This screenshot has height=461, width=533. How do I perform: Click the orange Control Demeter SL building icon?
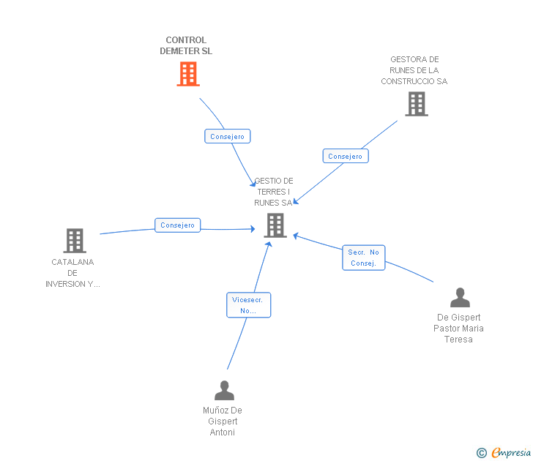188,74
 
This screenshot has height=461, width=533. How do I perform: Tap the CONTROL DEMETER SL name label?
186,46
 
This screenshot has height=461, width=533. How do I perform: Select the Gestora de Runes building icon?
417,104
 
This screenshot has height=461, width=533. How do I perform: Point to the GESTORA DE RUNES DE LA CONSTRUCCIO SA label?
414,70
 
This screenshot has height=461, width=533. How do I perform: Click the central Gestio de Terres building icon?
275,225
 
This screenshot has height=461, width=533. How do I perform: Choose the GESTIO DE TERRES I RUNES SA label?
273,192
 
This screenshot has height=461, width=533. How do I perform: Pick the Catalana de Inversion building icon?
74,240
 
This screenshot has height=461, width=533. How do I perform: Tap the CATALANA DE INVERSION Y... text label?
72,273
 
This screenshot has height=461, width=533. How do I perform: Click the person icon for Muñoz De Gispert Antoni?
224,391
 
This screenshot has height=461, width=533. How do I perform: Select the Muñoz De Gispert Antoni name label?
223,421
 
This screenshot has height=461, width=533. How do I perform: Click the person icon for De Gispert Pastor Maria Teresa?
460,298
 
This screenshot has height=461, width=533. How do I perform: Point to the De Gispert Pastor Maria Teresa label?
458,329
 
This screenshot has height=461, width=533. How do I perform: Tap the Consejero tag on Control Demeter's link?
227,136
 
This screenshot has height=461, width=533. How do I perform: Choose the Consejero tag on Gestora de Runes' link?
345,156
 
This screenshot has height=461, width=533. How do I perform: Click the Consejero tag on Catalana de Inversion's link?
177,225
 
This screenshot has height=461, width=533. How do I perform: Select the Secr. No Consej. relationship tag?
363,258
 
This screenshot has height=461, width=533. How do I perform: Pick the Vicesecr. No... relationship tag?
248,305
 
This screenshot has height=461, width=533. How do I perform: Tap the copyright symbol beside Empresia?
482,453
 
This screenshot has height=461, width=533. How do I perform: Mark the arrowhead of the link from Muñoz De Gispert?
269,243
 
